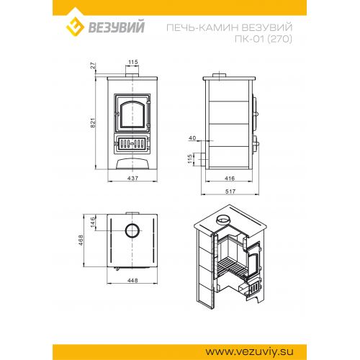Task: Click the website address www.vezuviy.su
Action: click(x=249, y=352)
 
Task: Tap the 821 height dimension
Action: click(x=93, y=122)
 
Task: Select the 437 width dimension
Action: click(x=132, y=178)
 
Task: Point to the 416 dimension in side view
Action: click(x=230, y=178)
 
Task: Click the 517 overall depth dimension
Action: click(x=230, y=192)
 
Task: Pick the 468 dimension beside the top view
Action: click(x=81, y=240)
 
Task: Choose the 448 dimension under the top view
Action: click(x=132, y=280)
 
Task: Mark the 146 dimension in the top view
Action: click(x=93, y=222)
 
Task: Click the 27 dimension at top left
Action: click(x=93, y=66)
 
